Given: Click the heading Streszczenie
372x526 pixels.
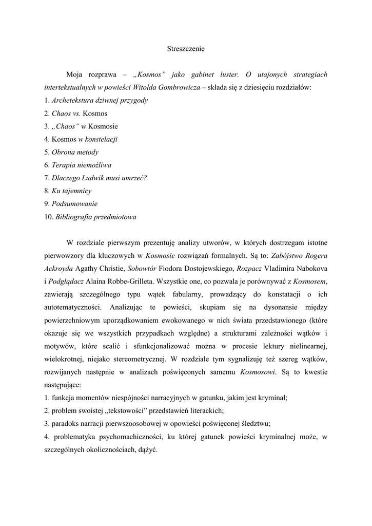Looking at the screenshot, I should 186,49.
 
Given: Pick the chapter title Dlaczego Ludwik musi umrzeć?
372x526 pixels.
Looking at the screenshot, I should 99,178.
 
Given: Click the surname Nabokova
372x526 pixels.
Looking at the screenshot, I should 306,268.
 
